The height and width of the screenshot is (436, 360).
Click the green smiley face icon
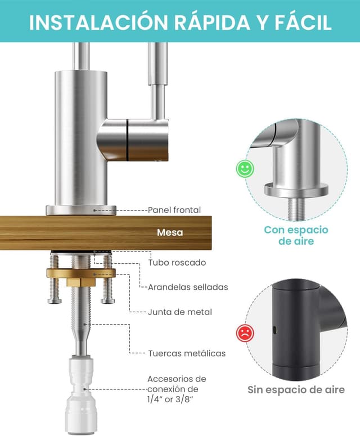245,169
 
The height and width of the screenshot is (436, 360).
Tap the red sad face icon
245,333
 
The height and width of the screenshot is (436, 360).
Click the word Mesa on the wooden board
170,232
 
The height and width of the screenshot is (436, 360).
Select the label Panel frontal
174,210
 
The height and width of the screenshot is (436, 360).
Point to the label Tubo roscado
177,263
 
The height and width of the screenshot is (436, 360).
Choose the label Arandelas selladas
188,287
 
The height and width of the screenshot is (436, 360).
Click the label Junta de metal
180,312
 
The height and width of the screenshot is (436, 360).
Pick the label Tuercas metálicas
187,353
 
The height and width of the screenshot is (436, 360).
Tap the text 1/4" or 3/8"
170,399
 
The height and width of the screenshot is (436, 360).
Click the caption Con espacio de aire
296,235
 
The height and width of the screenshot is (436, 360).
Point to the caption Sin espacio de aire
296,390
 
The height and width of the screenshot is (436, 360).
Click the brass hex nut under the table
81,282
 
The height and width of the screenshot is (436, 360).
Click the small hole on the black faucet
274,330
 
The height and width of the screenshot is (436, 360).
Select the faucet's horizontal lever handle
133,140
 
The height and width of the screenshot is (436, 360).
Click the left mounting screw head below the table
55,301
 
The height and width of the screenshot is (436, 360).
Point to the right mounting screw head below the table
107,301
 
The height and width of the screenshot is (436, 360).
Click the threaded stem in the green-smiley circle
296,209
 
